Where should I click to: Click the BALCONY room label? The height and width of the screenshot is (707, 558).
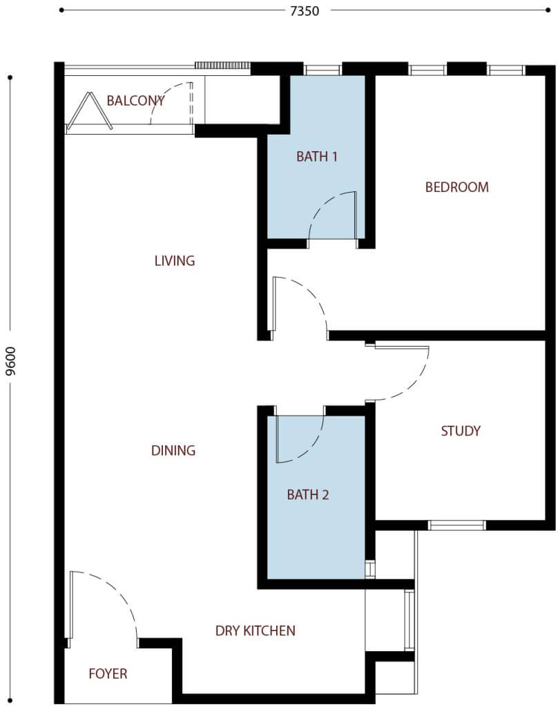[x=135, y=101]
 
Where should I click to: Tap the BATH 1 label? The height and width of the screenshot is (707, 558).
[x=317, y=157]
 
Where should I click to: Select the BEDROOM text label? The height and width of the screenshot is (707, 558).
[x=456, y=187]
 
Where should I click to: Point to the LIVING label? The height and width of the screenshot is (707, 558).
[x=174, y=261]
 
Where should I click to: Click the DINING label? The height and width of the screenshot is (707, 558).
[x=173, y=451]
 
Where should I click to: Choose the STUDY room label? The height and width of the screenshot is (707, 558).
[x=461, y=432]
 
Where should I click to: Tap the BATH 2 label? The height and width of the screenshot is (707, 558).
[x=308, y=495]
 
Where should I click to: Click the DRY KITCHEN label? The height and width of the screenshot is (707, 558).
[x=255, y=630]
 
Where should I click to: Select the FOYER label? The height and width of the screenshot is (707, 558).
[x=108, y=674]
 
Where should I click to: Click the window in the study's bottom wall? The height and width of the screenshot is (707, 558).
[x=456, y=525]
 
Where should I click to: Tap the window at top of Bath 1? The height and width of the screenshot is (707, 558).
[x=323, y=70]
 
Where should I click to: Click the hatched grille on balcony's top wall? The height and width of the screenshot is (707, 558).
[x=222, y=66]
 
